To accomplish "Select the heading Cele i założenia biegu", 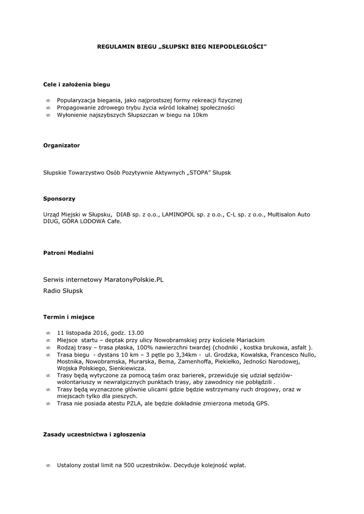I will (x=76, y=84).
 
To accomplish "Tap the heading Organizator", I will (x=61, y=145).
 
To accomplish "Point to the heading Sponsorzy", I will (x=59, y=199).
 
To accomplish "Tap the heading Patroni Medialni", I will (x=68, y=252).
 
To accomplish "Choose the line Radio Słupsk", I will (x=63, y=291).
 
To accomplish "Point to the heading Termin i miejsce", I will (x=69, y=317).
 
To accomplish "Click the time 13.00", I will (x=136, y=332).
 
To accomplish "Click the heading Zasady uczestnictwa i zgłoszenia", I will (x=95, y=434).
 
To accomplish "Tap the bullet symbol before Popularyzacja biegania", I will (x=48, y=100).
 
